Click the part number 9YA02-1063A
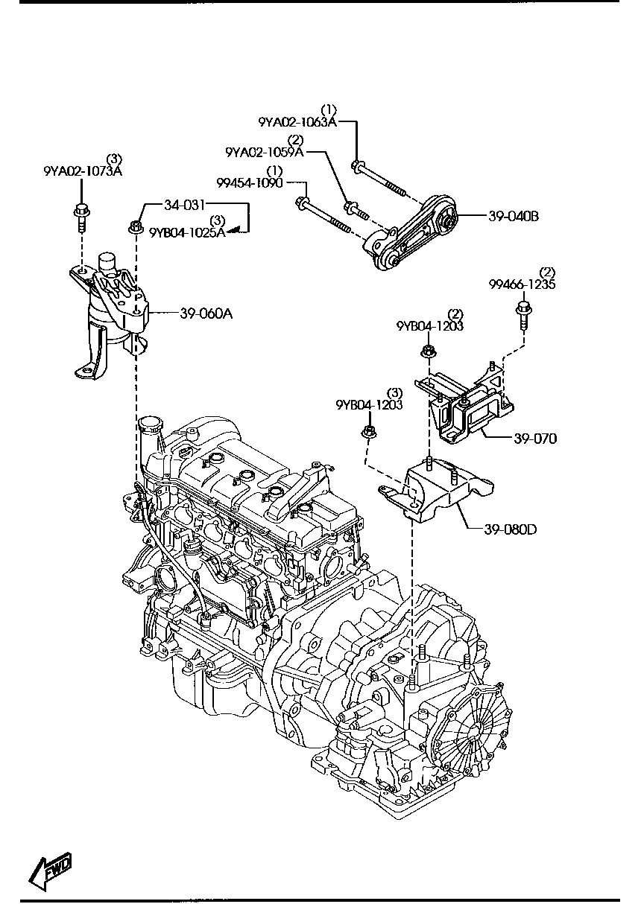(297, 122)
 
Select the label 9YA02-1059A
(265, 152)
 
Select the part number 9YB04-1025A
(186, 232)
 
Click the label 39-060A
(206, 313)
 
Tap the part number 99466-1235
(522, 284)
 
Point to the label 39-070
(534, 439)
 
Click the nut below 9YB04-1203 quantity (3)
(367, 433)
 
